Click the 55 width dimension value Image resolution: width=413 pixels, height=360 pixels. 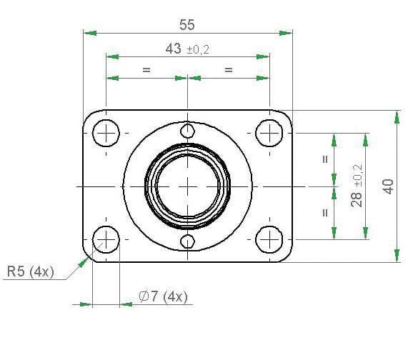click(x=187, y=25)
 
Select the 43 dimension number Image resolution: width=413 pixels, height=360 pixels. click(x=174, y=49)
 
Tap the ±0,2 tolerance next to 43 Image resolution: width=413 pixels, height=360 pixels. click(x=198, y=49)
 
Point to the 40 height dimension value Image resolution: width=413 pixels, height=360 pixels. click(x=388, y=186)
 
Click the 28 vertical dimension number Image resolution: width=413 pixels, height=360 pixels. click(x=357, y=199)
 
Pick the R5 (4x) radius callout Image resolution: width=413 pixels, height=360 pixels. click(x=31, y=271)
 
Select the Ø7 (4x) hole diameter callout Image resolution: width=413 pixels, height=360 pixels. click(x=164, y=296)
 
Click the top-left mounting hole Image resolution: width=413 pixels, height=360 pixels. click(x=106, y=133)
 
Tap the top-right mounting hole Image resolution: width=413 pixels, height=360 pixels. click(x=269, y=133)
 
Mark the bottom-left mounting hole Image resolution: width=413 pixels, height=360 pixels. click(x=106, y=239)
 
